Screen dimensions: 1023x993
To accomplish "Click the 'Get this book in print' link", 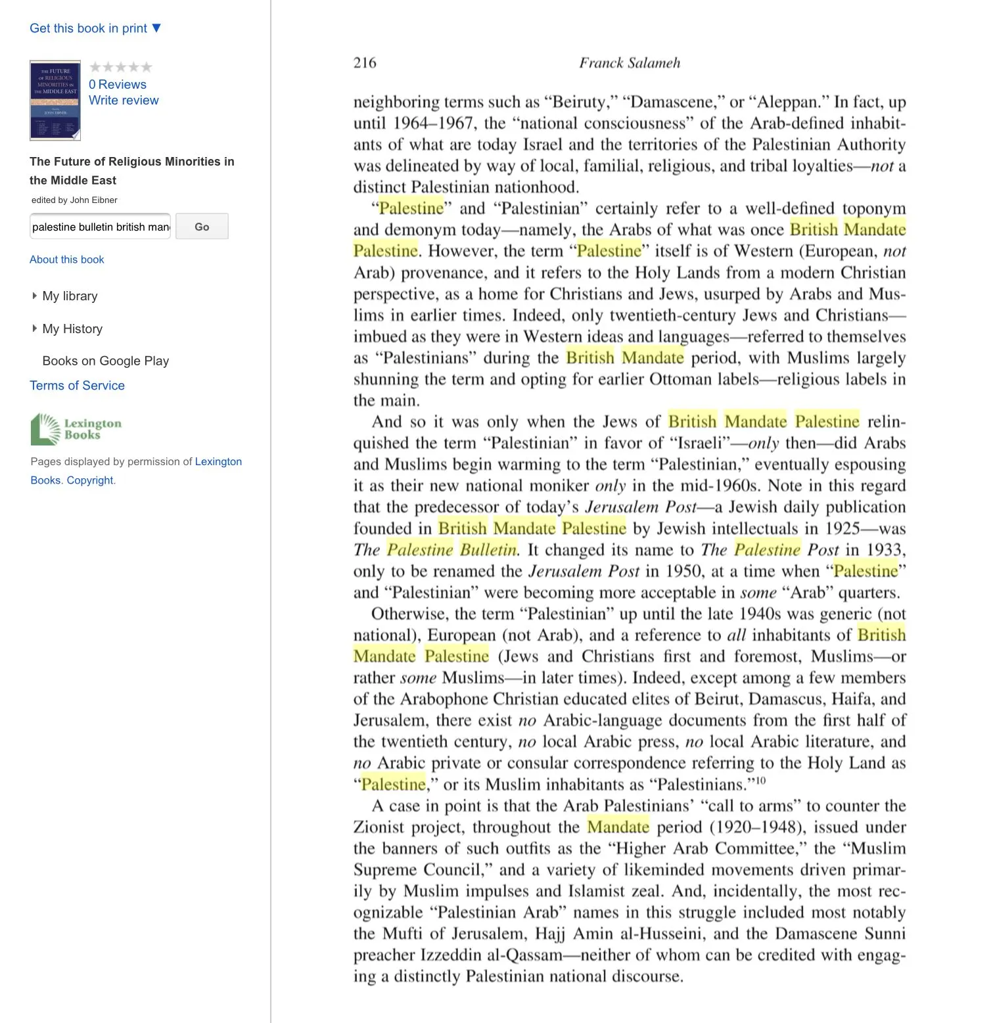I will [95, 28].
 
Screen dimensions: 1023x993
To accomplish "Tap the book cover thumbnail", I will [55, 101].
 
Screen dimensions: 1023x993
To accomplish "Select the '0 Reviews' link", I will [118, 84].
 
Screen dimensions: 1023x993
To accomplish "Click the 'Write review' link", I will [124, 101].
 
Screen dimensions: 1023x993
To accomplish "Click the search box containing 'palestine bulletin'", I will [100, 227].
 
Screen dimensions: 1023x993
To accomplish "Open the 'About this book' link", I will [67, 260].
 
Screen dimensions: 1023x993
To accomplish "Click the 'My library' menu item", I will [70, 296].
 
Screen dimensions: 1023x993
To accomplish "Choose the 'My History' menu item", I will [72, 329].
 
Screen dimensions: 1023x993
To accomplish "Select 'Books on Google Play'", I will [105, 361].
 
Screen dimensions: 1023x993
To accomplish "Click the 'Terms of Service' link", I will [77, 386].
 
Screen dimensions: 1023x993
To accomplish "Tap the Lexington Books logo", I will [76, 429].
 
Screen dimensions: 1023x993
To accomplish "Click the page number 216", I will [365, 63].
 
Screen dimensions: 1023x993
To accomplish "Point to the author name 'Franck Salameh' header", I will [630, 63].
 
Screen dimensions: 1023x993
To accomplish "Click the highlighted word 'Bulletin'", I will [488, 550].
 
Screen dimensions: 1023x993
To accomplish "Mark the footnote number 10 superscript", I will [760, 781].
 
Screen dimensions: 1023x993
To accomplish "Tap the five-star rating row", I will [121, 67].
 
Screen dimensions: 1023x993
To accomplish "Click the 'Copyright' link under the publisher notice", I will [90, 480].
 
